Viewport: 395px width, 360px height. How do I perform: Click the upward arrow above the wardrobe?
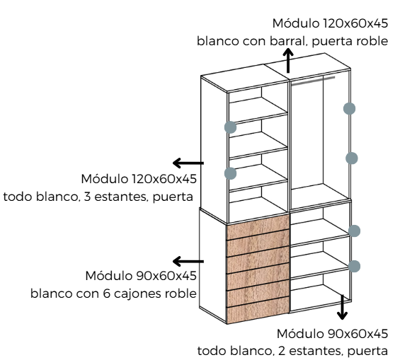288,61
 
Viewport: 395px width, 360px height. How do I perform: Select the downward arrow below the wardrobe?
342,307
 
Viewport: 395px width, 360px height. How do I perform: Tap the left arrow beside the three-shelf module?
188,163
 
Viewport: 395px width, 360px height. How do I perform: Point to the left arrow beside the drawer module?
188,261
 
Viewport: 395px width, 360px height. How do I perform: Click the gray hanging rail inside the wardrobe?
313,81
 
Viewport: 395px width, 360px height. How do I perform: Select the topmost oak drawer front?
258,227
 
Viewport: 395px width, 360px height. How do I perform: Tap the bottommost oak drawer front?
258,310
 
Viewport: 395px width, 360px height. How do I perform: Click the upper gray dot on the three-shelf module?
230,127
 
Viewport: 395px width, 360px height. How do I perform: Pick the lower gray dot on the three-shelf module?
230,173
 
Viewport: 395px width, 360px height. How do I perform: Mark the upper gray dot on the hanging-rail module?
350,108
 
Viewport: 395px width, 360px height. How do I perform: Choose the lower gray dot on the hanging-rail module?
352,158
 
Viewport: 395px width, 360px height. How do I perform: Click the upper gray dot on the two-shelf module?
354,231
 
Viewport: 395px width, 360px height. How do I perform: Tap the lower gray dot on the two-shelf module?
354,266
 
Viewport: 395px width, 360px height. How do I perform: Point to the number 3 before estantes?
87,197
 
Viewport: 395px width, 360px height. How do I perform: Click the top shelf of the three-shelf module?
258,110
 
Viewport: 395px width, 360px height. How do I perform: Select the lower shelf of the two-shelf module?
320,265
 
